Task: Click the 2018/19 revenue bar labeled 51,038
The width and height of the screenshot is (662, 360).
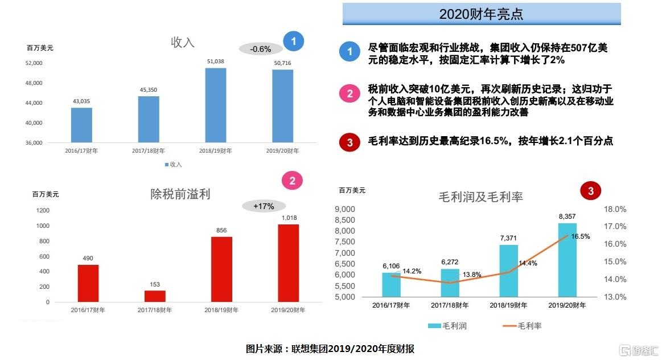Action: (x=215, y=105)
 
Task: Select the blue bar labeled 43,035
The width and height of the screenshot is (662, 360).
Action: (x=81, y=125)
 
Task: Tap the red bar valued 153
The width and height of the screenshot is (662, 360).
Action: (x=155, y=296)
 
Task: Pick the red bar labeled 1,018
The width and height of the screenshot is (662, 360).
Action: (x=289, y=263)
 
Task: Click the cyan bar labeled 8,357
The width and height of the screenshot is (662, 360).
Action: (x=568, y=260)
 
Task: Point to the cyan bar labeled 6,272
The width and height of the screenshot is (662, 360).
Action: (x=450, y=283)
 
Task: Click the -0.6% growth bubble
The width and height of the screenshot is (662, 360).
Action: (x=261, y=49)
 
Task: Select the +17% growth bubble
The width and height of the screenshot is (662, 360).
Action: (x=264, y=206)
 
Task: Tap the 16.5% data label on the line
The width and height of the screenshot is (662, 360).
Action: (x=581, y=236)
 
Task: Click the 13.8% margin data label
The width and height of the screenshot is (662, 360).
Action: (x=471, y=275)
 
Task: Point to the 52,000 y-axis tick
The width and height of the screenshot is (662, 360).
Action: (x=34, y=63)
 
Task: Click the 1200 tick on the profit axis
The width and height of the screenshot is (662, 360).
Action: (x=43, y=210)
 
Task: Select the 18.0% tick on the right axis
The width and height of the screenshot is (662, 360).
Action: (x=615, y=209)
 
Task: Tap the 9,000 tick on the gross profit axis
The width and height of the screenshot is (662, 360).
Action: (x=345, y=209)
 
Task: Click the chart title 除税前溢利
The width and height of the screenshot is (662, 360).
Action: (x=180, y=194)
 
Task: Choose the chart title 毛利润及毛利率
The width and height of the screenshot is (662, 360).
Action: (x=480, y=197)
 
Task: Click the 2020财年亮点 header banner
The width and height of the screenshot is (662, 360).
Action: (x=482, y=14)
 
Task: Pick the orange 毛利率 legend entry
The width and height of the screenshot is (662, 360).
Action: (x=522, y=326)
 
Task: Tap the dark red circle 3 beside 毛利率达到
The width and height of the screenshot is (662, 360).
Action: (x=349, y=142)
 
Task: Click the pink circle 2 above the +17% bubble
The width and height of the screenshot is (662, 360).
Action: (x=292, y=181)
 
